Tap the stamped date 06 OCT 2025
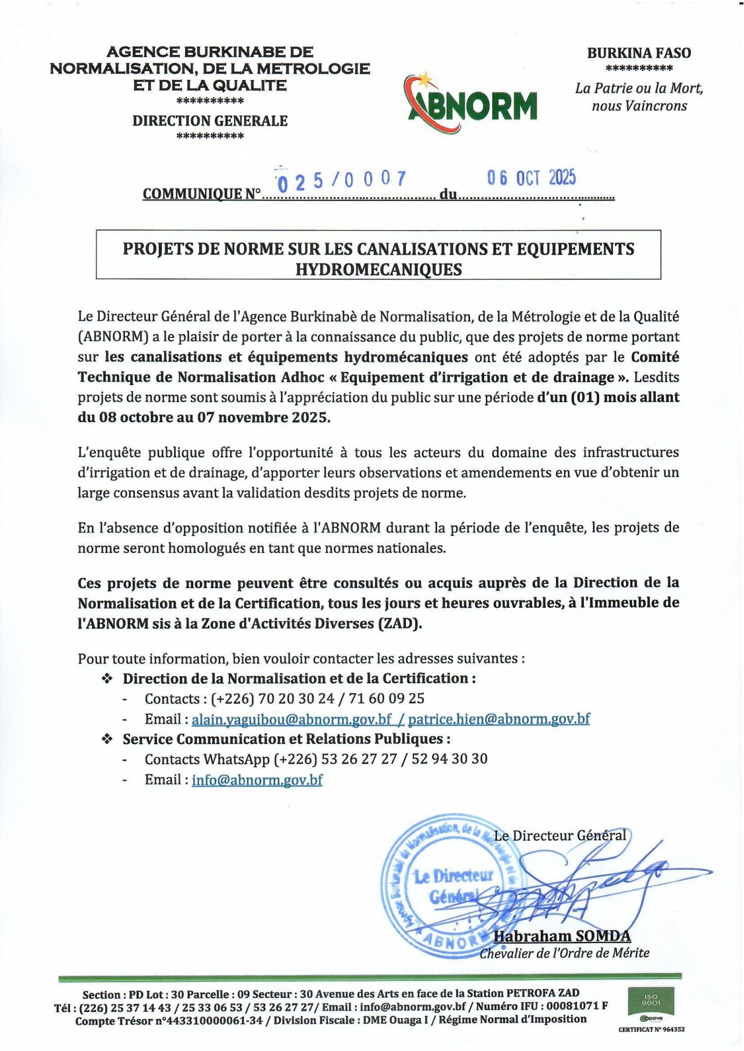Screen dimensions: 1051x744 point(531,178)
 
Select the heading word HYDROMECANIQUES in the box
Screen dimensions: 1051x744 point(378,270)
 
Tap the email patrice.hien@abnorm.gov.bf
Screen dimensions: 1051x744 point(499,719)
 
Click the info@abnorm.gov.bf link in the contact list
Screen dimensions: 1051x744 point(257,779)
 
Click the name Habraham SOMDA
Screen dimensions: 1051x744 point(562,936)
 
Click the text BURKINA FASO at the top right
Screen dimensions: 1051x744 point(639,53)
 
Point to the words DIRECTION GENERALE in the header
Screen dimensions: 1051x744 point(210,121)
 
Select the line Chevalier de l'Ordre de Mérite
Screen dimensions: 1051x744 point(564,953)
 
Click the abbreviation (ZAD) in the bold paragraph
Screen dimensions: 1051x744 point(400,623)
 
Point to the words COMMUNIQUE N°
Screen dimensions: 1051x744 point(201,194)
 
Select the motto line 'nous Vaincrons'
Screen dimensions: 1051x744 point(639,106)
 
